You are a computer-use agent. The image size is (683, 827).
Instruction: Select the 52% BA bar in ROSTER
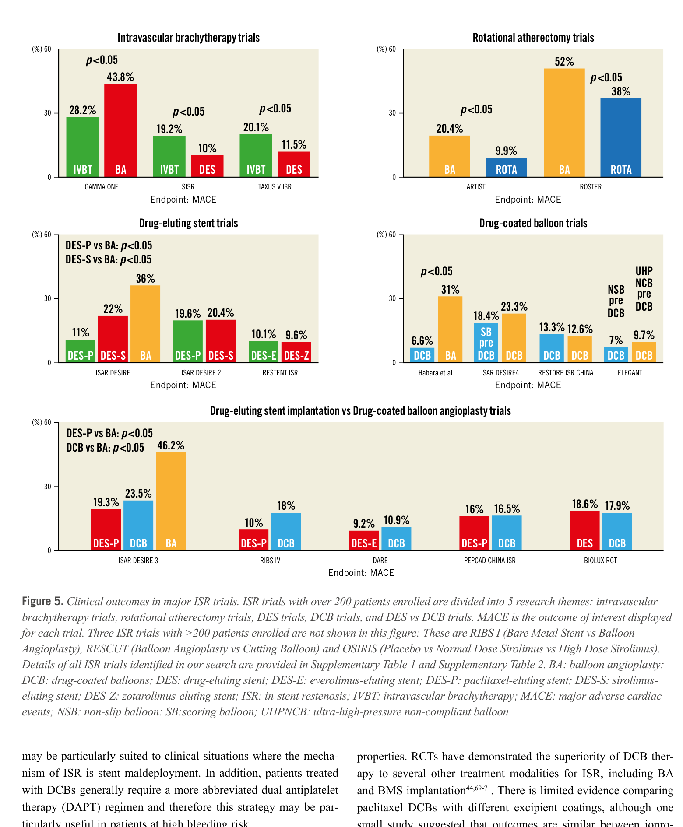click(x=564, y=123)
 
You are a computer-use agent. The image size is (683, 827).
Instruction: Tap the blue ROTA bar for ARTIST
click(x=506, y=168)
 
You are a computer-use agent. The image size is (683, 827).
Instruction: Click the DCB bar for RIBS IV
click(x=286, y=532)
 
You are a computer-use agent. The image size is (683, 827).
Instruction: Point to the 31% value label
click(x=450, y=290)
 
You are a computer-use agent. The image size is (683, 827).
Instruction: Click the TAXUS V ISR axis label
click(x=275, y=187)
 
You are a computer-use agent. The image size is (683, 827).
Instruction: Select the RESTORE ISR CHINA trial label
click(x=566, y=373)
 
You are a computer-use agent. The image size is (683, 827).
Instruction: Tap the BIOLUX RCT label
click(x=600, y=561)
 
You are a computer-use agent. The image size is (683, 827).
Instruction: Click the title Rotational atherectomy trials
click(x=533, y=38)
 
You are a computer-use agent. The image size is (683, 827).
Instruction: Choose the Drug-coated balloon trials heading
click(x=533, y=223)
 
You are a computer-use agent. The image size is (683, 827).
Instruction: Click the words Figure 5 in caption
click(x=42, y=601)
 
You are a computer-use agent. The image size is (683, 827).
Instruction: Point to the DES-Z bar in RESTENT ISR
click(x=296, y=352)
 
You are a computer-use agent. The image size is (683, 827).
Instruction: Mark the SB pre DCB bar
click(x=486, y=343)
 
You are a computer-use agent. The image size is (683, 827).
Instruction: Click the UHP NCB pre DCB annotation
click(x=644, y=289)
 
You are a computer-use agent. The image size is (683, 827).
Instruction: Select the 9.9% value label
click(x=506, y=151)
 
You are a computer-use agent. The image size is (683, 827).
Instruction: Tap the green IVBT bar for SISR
click(x=169, y=156)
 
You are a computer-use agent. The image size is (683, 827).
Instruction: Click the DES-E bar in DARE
click(x=364, y=541)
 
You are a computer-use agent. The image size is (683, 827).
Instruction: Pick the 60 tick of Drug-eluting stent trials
click(x=48, y=235)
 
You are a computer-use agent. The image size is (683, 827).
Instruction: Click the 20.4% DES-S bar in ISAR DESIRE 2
click(x=221, y=341)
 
